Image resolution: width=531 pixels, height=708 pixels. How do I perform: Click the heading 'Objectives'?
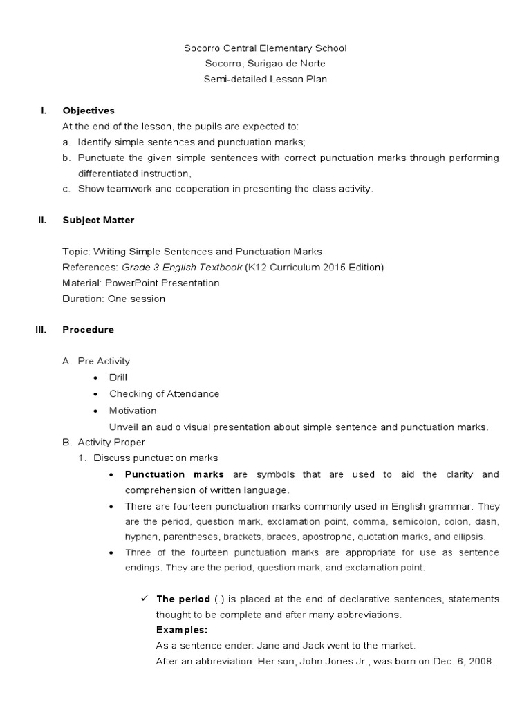(x=88, y=111)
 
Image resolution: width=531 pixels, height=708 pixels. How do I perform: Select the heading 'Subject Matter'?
(x=98, y=221)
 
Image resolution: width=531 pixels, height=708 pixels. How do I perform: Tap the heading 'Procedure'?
(x=88, y=330)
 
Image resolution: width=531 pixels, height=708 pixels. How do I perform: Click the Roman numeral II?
(x=42, y=221)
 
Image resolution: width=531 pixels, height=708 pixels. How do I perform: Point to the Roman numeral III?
(x=41, y=330)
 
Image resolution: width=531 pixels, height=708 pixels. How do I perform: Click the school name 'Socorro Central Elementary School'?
(x=265, y=48)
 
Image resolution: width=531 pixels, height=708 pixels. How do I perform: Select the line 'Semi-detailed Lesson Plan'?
(x=265, y=80)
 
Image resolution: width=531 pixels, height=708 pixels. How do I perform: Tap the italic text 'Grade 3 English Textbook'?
(x=182, y=268)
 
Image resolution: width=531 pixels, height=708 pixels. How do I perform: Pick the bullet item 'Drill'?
(x=118, y=378)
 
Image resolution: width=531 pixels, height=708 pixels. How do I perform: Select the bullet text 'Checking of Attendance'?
(x=164, y=394)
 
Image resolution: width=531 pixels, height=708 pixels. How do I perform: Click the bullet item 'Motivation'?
(x=133, y=411)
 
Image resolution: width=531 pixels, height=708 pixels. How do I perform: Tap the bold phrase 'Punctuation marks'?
(x=174, y=474)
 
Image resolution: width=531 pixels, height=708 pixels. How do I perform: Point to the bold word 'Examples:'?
(x=182, y=630)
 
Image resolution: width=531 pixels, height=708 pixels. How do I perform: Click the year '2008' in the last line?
(x=482, y=661)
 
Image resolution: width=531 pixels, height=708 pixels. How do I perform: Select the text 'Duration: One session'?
(x=113, y=299)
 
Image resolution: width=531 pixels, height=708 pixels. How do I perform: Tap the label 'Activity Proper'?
(x=111, y=442)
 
